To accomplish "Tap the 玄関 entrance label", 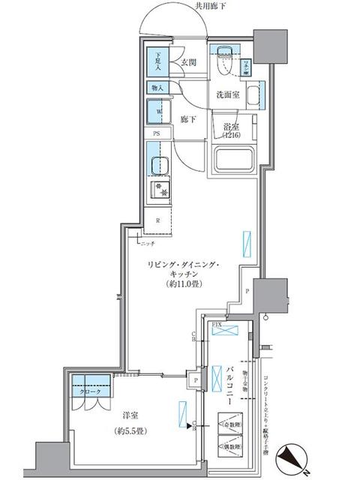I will [187, 63].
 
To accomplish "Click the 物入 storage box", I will [158, 87].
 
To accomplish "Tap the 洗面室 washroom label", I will [228, 95].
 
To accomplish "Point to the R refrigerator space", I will [157, 220].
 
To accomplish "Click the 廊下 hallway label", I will [188, 118].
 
